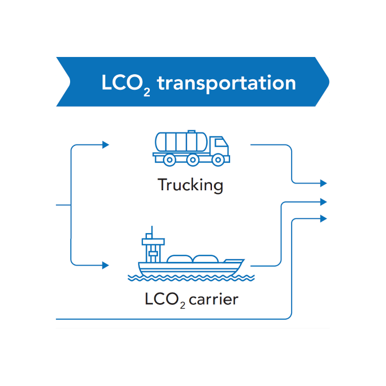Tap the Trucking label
coord(190,185)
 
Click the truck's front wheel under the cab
coord(217,160)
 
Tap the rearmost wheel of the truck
coord(170,160)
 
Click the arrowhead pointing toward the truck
coord(105,145)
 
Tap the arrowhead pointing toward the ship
coord(105,265)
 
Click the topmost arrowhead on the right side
coord(323,183)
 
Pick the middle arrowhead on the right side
coord(323,202)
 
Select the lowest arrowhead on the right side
coord(323,218)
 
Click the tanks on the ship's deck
coord(193,259)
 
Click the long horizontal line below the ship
coord(172,319)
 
